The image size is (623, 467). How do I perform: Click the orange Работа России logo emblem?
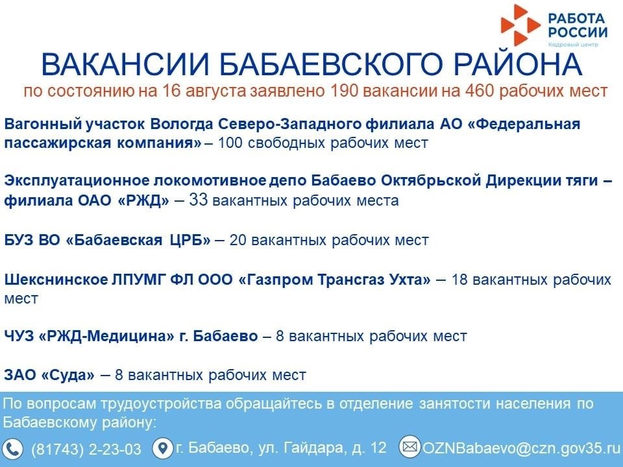click(520, 25)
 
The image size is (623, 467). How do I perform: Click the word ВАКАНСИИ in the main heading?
click(125, 64)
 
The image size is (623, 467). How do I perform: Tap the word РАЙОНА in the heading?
click(518, 64)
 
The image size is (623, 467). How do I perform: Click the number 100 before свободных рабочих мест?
click(230, 143)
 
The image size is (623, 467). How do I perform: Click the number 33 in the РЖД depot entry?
click(199, 200)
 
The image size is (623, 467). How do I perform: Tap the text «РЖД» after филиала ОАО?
click(143, 200)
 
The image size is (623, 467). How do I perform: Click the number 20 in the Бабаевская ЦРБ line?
click(238, 240)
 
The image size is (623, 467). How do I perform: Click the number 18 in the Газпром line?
click(459, 280)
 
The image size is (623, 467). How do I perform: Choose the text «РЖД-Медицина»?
click(106, 337)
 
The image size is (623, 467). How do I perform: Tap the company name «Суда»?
click(68, 376)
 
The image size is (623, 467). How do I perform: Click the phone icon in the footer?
click(13, 449)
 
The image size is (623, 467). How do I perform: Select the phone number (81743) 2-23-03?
click(86, 449)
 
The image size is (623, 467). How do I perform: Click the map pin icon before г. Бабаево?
click(162, 448)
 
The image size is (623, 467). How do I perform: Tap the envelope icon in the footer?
click(409, 447)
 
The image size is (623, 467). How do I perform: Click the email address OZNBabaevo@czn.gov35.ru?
click(521, 448)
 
